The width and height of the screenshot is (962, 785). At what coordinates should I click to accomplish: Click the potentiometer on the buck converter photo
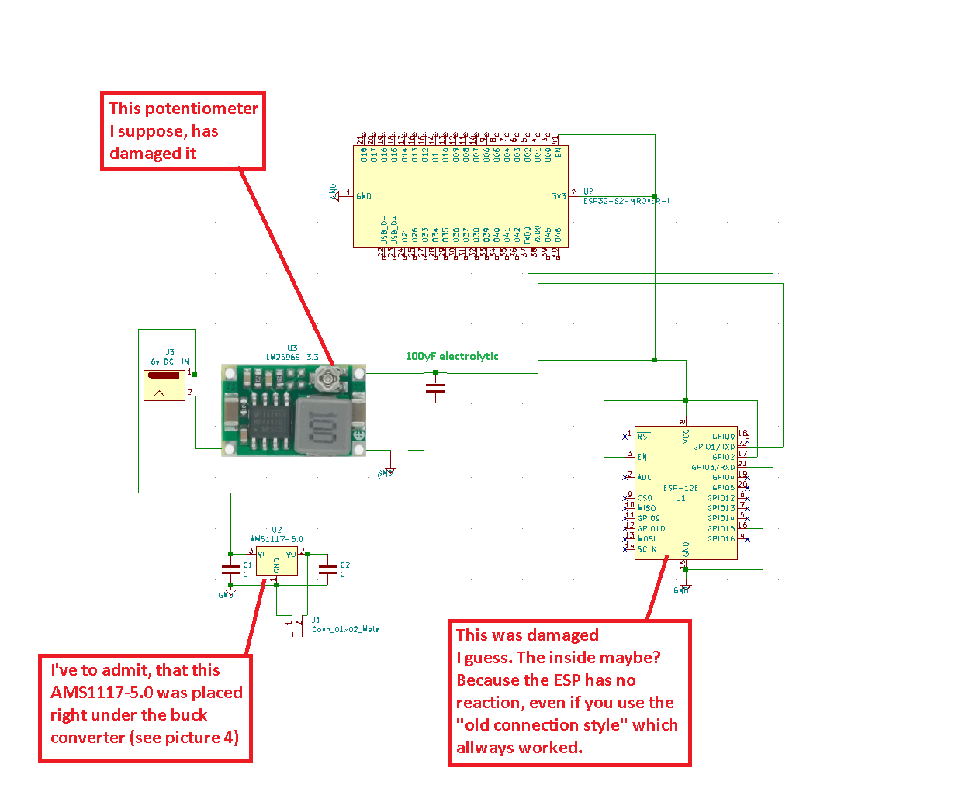coord(327,379)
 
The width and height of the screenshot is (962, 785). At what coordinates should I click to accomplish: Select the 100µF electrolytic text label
coord(452,356)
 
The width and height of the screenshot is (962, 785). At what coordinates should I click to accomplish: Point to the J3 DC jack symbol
coord(164,385)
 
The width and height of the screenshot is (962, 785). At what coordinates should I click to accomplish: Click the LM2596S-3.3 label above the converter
coord(292,358)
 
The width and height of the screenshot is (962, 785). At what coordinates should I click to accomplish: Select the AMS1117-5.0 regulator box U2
coord(277,562)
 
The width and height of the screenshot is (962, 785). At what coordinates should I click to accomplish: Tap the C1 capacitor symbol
coord(230,569)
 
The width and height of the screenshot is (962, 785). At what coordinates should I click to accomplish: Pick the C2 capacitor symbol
coord(328,569)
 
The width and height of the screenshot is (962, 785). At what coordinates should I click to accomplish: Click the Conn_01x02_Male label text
coord(346,629)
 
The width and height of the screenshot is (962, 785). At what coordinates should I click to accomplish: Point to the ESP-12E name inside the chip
coord(680,488)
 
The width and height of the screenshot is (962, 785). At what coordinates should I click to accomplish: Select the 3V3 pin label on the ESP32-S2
coord(559,197)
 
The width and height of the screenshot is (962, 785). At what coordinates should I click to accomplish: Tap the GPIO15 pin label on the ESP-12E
coord(721,528)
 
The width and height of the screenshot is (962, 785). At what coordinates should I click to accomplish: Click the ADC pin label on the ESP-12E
coord(645,478)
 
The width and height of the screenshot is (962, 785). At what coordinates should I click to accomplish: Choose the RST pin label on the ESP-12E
coord(644,437)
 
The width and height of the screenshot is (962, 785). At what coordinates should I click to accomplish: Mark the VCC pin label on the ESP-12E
coord(686,437)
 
